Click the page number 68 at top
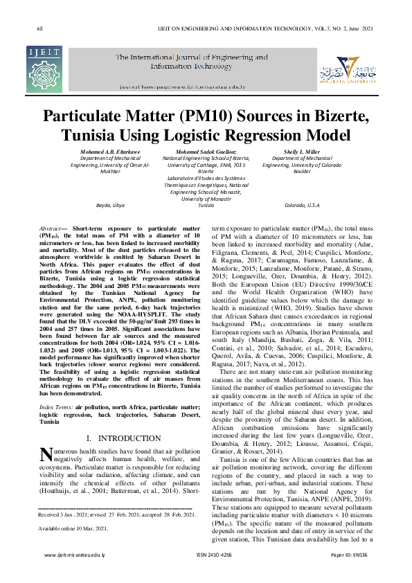click(x=40, y=28)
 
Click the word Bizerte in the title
click(x=337, y=115)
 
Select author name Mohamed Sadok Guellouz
click(x=206, y=151)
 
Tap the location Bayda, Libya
click(x=109, y=206)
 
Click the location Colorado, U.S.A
click(x=303, y=206)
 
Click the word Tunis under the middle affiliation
click(x=206, y=206)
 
